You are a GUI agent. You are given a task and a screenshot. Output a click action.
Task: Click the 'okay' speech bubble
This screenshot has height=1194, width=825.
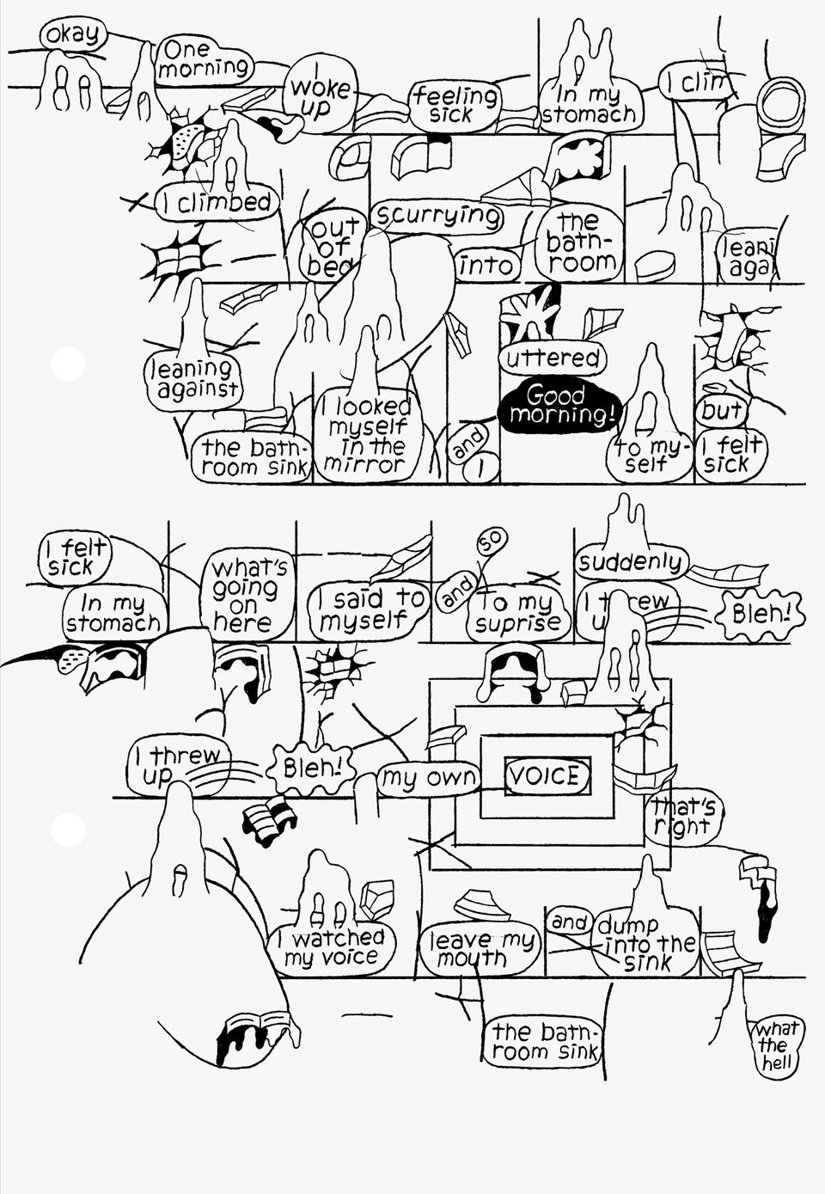point(73,36)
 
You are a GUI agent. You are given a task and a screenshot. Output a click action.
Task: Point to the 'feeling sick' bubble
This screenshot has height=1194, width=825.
point(454,106)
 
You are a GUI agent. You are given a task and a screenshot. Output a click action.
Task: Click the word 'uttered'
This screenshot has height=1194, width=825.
point(552,358)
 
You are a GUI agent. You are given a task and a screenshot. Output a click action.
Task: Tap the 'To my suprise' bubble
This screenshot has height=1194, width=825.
point(519,614)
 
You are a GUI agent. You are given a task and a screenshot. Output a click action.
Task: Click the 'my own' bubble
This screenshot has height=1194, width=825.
point(429,779)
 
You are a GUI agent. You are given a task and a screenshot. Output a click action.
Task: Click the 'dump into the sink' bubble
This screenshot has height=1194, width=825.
point(647,944)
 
